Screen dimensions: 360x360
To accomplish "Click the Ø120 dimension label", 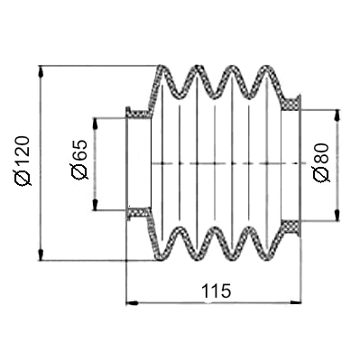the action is pyautogui.click(x=23, y=161).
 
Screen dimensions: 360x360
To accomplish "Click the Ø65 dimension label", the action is pyautogui.click(x=78, y=159).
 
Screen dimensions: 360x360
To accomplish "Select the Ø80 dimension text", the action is pyautogui.click(x=321, y=162).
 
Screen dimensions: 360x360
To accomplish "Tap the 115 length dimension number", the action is pyautogui.click(x=216, y=291).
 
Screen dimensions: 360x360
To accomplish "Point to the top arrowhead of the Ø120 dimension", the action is pyautogui.click(x=42, y=72).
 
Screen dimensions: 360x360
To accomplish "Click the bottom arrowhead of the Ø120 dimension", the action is pyautogui.click(x=42, y=254).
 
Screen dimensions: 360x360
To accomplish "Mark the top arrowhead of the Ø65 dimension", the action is pyautogui.click(x=95, y=125).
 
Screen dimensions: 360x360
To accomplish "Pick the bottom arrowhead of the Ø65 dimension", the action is pyautogui.click(x=95, y=204).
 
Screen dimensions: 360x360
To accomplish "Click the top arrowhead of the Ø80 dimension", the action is pyautogui.click(x=337, y=116).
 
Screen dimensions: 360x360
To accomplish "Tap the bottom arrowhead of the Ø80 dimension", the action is pyautogui.click(x=337, y=215).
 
